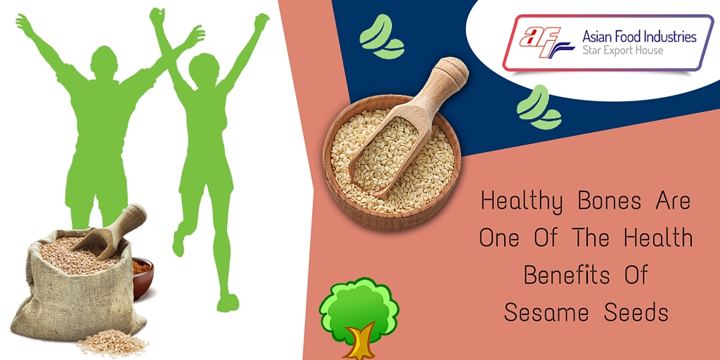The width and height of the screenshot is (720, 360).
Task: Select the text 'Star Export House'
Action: [x=623, y=51]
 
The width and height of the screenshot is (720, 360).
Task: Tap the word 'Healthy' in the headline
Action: [x=522, y=202]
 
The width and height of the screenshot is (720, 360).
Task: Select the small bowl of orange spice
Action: [x=142, y=276]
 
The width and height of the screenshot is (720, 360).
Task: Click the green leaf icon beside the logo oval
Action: [x=538, y=108]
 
